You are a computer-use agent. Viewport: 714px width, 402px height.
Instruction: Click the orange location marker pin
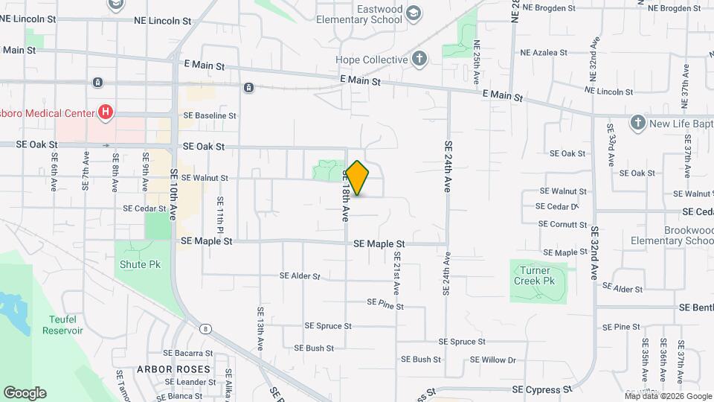click(x=358, y=178)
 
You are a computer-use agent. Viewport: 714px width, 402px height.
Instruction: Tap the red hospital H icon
click(x=106, y=112)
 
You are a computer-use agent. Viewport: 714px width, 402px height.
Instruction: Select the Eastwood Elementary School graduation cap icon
click(x=414, y=12)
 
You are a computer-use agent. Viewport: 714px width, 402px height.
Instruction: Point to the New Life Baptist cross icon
click(x=637, y=121)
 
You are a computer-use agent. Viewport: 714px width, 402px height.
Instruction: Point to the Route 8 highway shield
click(x=205, y=328)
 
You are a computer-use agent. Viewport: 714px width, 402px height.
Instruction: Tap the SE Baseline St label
click(x=210, y=116)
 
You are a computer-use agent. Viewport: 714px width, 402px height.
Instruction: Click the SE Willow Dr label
click(x=493, y=360)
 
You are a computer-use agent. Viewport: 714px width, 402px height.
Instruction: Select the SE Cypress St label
click(x=542, y=389)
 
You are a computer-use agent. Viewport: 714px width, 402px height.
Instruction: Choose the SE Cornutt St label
click(x=563, y=224)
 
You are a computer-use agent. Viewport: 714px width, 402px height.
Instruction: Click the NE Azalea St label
click(x=544, y=53)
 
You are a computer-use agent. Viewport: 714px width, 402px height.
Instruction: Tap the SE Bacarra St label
click(x=188, y=354)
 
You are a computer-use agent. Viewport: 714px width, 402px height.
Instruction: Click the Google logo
click(x=25, y=392)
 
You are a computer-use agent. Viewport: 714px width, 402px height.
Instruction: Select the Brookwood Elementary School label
click(x=672, y=235)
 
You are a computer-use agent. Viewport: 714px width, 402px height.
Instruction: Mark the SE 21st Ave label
click(x=396, y=271)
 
